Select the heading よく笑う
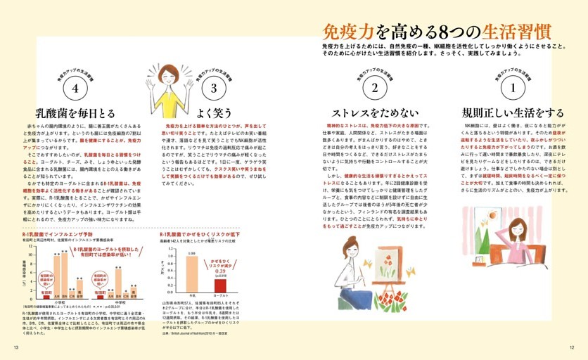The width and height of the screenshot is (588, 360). (213, 112)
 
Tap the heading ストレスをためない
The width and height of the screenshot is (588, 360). (375, 113)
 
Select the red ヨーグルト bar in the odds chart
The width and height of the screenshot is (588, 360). (220, 285)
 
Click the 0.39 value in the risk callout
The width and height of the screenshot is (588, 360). (219, 270)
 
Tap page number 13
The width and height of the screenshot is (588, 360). (15, 347)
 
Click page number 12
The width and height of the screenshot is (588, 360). (572, 347)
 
